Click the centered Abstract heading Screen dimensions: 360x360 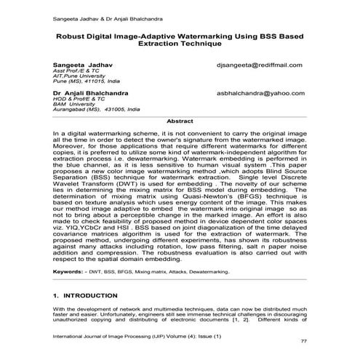(180, 121)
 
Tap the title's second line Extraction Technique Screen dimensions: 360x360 (180, 44)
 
